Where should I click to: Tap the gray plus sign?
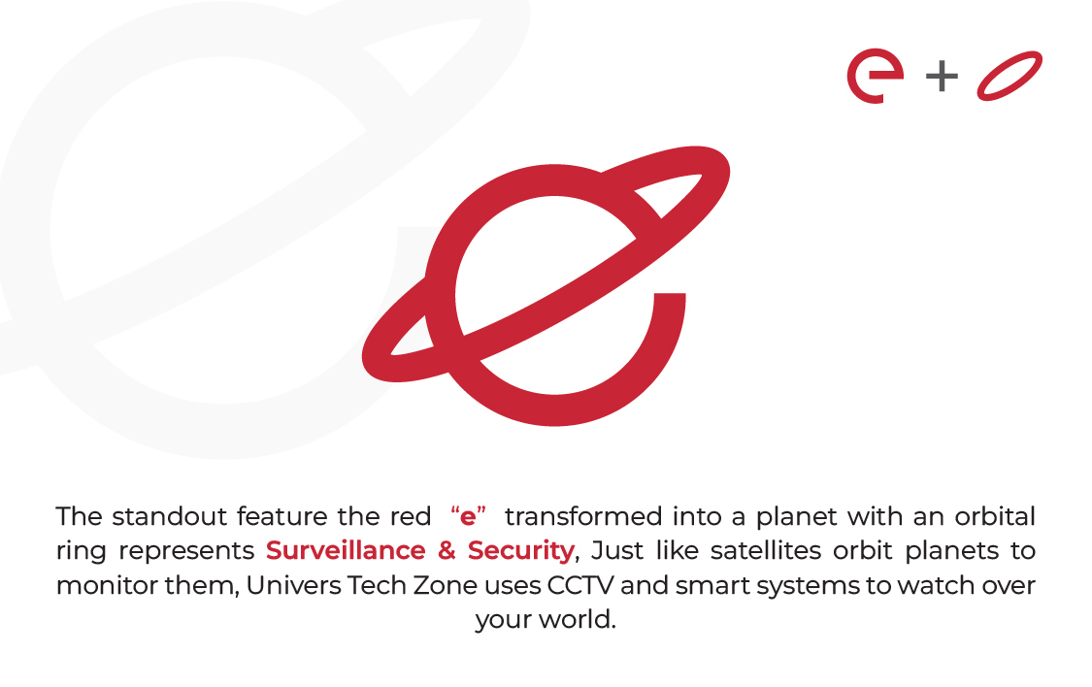942,76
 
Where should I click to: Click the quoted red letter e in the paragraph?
468,517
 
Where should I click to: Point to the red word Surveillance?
346,550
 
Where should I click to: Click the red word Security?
521,551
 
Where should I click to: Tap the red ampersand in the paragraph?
447,550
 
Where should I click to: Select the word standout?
169,516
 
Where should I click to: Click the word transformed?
583,516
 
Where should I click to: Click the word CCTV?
580,585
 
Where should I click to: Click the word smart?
711,586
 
